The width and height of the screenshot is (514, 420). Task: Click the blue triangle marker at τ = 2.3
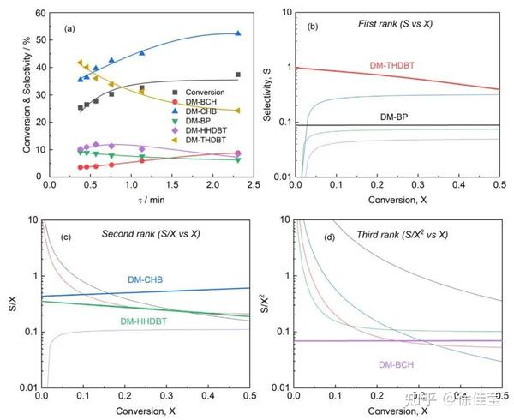[237, 33]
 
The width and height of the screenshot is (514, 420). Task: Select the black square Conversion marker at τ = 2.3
[237, 75]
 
